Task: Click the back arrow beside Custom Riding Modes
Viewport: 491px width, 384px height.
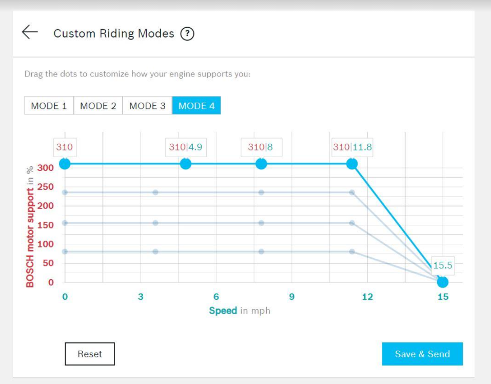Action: pyautogui.click(x=30, y=32)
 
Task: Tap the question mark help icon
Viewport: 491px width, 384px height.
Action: pyautogui.click(x=187, y=34)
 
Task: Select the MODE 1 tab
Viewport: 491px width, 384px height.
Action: pyautogui.click(x=49, y=106)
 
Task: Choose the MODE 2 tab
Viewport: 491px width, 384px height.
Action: pyautogui.click(x=98, y=106)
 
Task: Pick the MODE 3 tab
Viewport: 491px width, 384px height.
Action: pyautogui.click(x=147, y=106)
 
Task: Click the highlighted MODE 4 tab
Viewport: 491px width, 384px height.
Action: pyautogui.click(x=197, y=106)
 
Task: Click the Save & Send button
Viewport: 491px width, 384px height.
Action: pyautogui.click(x=422, y=354)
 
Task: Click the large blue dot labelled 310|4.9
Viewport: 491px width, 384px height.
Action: pyautogui.click(x=186, y=164)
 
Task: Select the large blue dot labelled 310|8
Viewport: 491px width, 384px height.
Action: pyautogui.click(x=261, y=164)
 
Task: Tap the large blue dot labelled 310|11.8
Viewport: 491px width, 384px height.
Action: pyautogui.click(x=352, y=164)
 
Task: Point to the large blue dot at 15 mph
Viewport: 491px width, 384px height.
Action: pyautogui.click(x=442, y=282)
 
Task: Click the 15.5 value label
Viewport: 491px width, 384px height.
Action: pyautogui.click(x=442, y=265)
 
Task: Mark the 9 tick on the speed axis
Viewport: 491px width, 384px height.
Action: pyautogui.click(x=292, y=297)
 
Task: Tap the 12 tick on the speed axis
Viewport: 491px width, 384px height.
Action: pyautogui.click(x=367, y=297)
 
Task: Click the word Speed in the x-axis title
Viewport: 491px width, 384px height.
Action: pyautogui.click(x=223, y=311)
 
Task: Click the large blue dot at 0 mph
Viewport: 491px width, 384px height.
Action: pyautogui.click(x=65, y=164)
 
